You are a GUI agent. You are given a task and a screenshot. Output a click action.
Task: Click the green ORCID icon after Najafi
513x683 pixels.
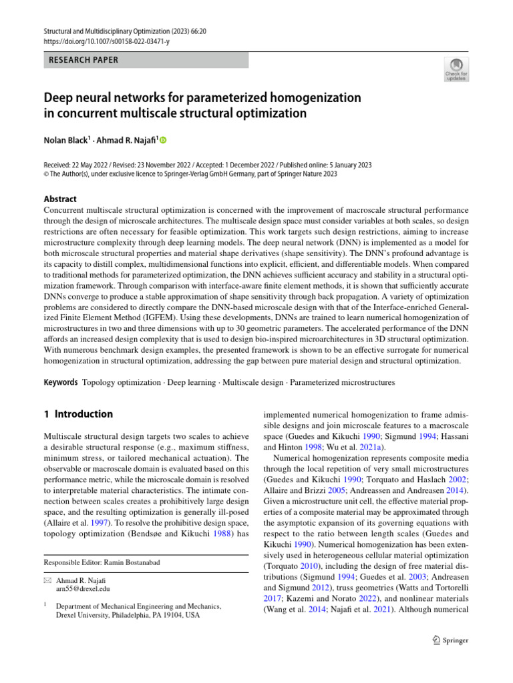click(x=162, y=140)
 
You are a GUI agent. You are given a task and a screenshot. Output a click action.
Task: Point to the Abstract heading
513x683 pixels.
click(x=59, y=199)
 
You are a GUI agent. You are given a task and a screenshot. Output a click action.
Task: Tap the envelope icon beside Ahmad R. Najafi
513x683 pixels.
click(x=47, y=580)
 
